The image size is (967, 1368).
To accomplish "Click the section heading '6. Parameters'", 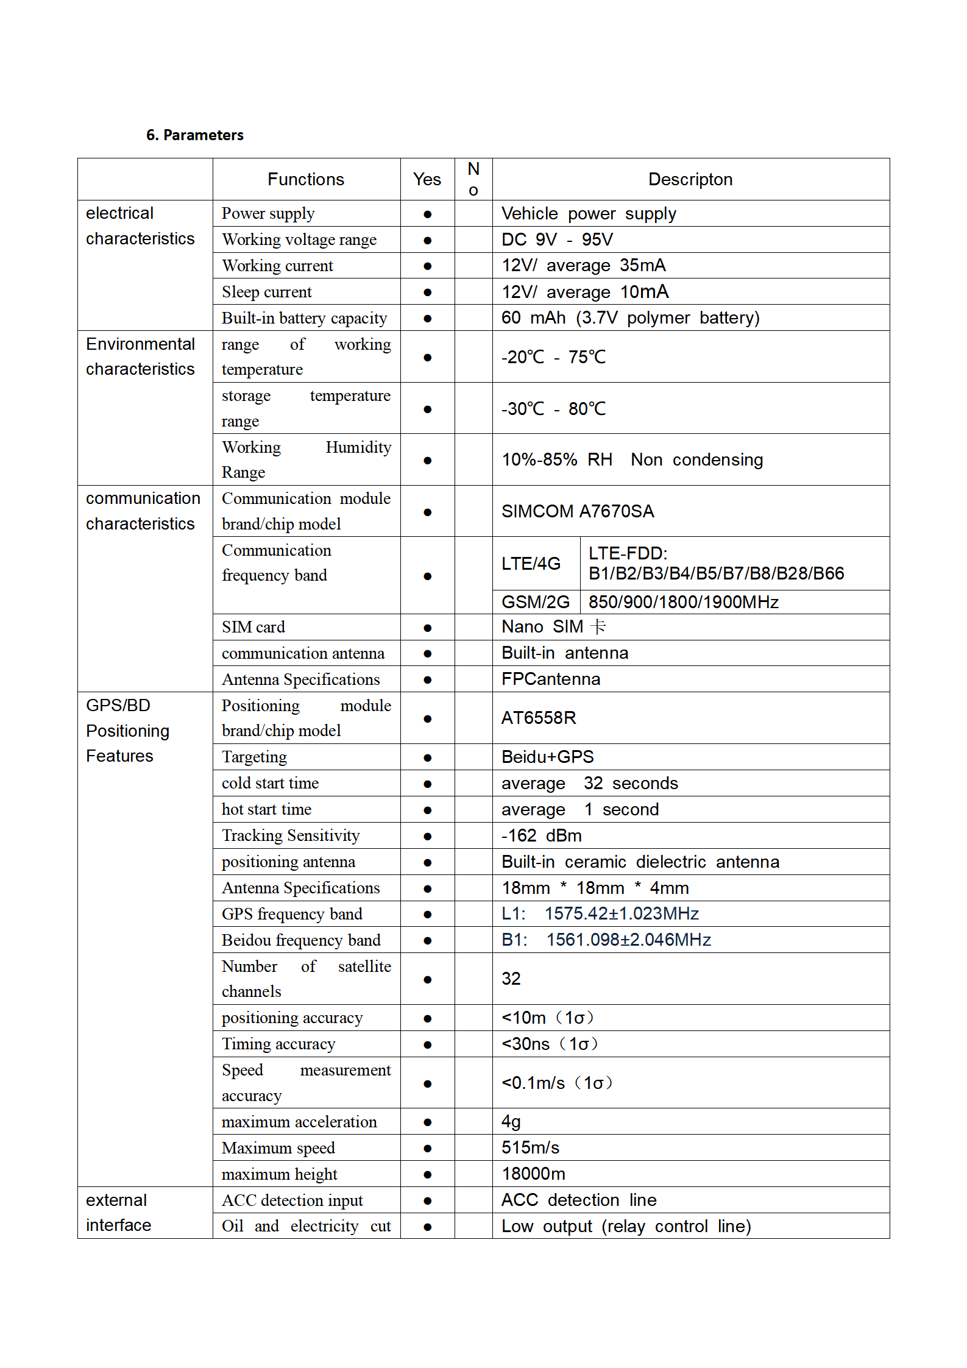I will [x=194, y=135].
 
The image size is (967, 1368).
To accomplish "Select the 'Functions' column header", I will [x=306, y=180].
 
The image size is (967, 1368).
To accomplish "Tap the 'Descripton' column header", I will [x=690, y=180].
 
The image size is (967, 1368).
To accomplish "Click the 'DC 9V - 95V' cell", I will [x=557, y=239].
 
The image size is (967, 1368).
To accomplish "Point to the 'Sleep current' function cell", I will [x=266, y=292].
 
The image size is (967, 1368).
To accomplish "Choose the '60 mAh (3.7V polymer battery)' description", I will [x=630, y=318].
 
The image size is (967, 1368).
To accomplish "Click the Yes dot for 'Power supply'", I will [x=428, y=214].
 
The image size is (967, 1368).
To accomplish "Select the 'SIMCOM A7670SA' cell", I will [x=578, y=511].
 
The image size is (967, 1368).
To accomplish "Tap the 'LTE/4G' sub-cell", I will [x=531, y=564].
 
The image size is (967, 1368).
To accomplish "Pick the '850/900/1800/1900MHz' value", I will [x=683, y=603].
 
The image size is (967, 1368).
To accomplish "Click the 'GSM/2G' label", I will [x=535, y=603].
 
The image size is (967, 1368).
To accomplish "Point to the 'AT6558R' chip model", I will [x=539, y=718].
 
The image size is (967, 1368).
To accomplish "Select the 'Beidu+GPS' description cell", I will [x=547, y=757].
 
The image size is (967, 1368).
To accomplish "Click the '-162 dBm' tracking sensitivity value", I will [x=541, y=836].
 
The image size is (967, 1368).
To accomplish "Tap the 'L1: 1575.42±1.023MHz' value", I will [x=600, y=914].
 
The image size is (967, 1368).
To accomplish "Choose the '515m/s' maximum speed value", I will [x=530, y=1148].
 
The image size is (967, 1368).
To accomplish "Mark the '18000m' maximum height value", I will [x=533, y=1174].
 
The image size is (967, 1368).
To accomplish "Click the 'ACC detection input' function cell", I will [x=292, y=1200].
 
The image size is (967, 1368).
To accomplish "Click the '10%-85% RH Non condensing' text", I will [x=632, y=460].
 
